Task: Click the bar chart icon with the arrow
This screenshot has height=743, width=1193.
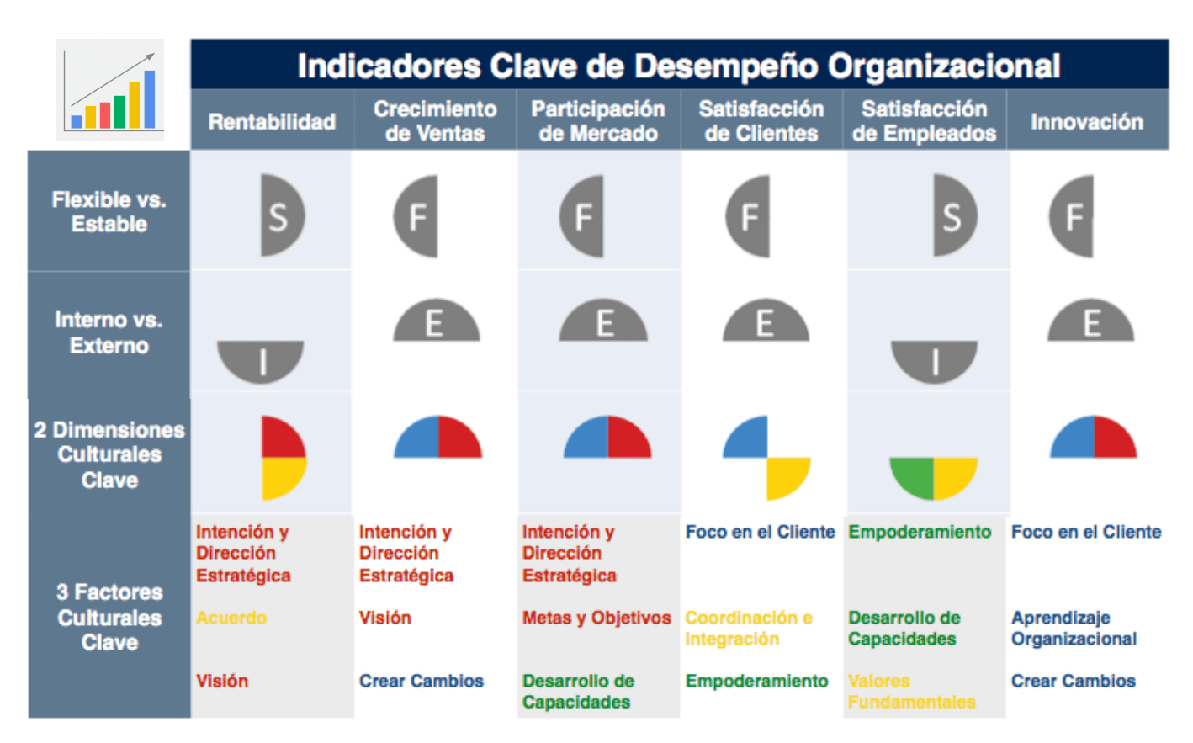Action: (110, 90)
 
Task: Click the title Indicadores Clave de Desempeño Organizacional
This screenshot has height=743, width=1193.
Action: (678, 66)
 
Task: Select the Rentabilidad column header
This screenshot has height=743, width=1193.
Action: (272, 122)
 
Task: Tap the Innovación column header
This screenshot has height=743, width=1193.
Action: (1087, 122)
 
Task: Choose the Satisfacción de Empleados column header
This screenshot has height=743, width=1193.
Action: (924, 121)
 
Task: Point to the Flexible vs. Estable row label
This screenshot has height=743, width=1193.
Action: (109, 212)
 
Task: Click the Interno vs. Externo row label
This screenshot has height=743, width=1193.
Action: (109, 332)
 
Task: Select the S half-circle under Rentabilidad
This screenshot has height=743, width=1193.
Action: (280, 216)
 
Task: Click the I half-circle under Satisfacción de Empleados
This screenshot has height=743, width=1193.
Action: (934, 359)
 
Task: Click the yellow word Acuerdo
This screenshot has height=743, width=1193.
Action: (231, 618)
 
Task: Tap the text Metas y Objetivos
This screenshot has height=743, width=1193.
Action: (596, 618)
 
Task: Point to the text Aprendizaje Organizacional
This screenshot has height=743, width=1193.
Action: (1074, 629)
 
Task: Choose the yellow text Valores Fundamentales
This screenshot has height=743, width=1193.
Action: (911, 691)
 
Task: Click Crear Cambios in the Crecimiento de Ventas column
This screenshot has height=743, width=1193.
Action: (422, 681)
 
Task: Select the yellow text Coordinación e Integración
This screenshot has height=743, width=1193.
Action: (749, 629)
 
